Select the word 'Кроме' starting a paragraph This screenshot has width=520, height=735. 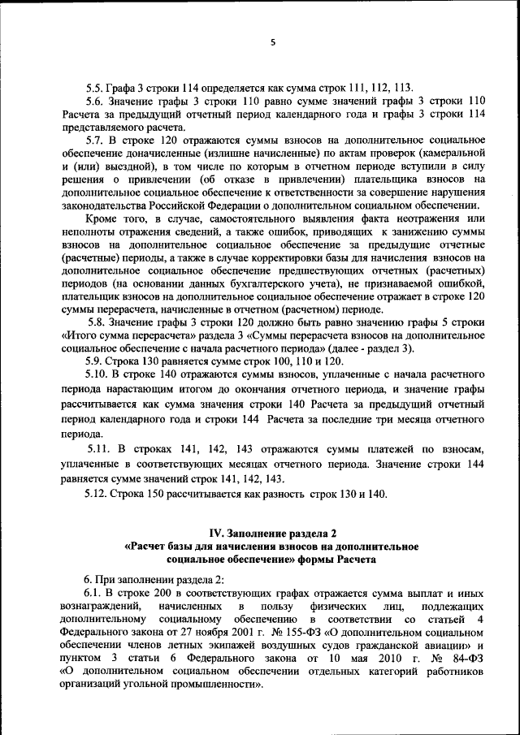tap(102, 218)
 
